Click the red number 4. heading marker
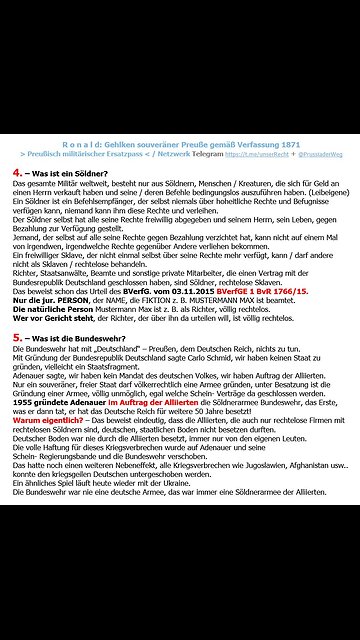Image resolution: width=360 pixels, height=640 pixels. (x=17, y=171)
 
